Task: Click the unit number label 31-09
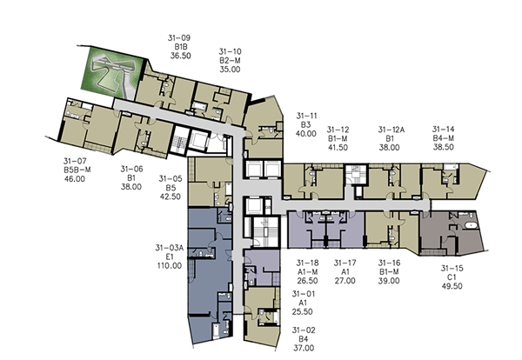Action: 179,38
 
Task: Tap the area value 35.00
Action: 230,70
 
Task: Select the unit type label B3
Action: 305,124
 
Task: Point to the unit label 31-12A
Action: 391,130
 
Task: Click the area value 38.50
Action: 443,147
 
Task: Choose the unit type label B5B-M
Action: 77,170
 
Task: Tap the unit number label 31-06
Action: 131,169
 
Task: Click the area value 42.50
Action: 171,197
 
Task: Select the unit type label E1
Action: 170,257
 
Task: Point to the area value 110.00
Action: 170,266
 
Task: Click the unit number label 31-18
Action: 307,263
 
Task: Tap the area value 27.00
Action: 345,281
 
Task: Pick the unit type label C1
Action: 452,277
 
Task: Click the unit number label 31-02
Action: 304,330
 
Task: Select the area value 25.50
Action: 302,312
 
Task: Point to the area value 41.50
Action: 338,147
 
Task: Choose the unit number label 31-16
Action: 389,263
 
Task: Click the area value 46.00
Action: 75,178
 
